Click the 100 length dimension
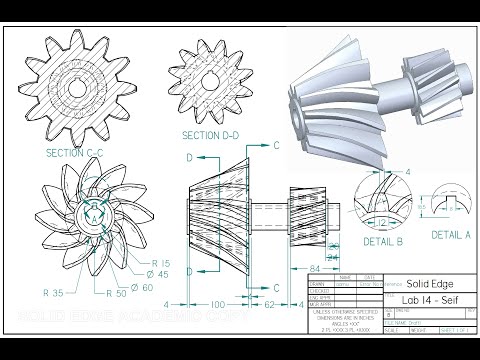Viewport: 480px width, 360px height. coord(216,303)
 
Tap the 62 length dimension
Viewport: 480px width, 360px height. coord(268,303)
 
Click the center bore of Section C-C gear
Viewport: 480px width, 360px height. coord(78,87)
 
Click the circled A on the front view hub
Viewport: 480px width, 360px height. coord(93,211)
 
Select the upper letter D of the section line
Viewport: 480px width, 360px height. coord(188,158)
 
